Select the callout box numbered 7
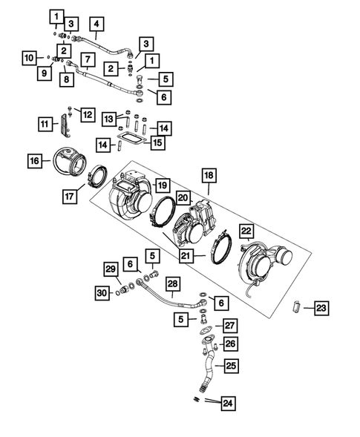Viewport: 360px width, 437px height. pyautogui.click(x=88, y=59)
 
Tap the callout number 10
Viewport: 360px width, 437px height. pyautogui.click(x=28, y=57)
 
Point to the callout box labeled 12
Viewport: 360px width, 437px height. pyautogui.click(x=88, y=114)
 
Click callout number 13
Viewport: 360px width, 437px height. pyautogui.click(x=109, y=119)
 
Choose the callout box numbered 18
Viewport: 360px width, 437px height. pyautogui.click(x=209, y=176)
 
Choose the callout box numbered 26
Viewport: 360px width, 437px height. pyautogui.click(x=231, y=343)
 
